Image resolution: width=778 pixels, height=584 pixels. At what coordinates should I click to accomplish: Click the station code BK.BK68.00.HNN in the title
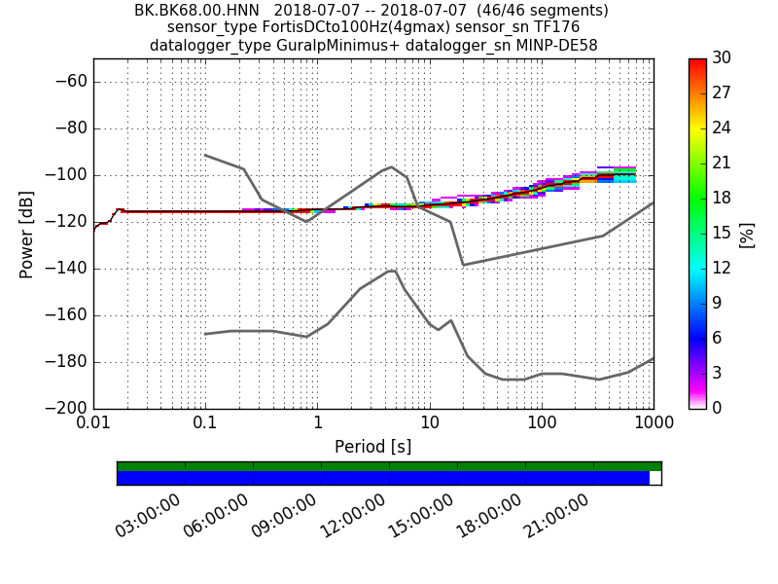[196, 11]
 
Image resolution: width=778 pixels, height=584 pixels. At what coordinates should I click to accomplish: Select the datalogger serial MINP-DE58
[548, 46]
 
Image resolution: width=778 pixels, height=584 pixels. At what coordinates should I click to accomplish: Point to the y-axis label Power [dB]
[27, 234]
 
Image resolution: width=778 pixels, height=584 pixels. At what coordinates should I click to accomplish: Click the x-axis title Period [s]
[372, 447]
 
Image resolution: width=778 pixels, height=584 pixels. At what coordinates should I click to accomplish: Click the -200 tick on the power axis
[66, 409]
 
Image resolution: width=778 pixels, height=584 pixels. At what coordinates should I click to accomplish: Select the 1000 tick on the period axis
[653, 424]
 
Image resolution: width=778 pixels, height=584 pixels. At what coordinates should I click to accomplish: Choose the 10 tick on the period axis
[429, 424]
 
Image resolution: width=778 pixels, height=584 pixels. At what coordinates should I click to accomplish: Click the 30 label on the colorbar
[723, 58]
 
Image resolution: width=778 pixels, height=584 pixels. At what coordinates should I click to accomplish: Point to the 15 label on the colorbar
[723, 233]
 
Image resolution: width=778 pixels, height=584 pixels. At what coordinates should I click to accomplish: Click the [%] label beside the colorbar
[747, 234]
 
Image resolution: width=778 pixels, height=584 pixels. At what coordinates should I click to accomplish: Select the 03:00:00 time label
[147, 516]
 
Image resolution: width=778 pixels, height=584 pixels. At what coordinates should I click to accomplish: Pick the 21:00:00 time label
[555, 516]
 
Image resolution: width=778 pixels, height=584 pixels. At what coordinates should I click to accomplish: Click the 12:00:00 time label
[351, 516]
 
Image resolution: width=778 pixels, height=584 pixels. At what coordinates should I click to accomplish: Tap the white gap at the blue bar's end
[654, 478]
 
